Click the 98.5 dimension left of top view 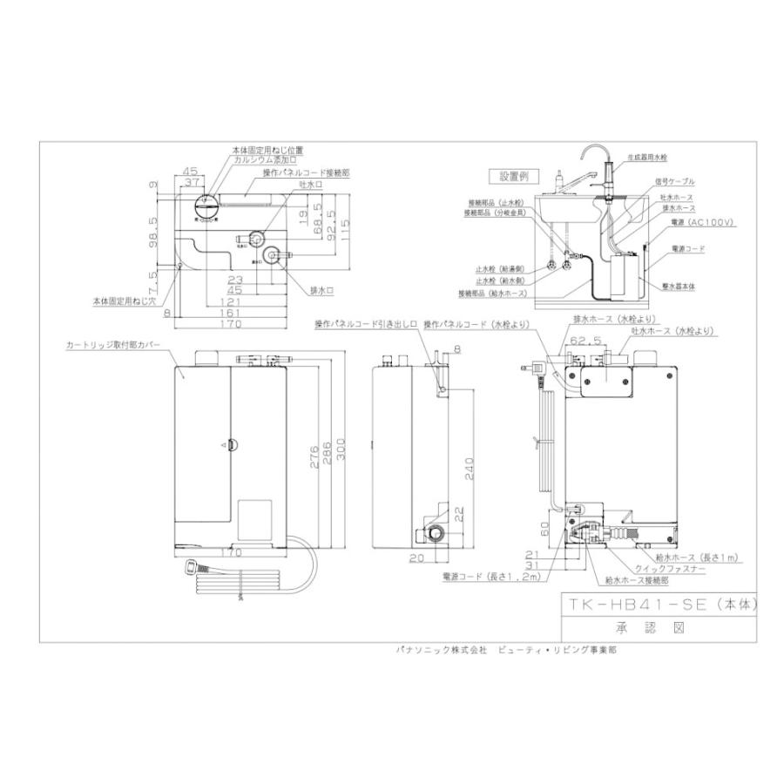click(154, 232)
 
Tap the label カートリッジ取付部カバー click(113, 345)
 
